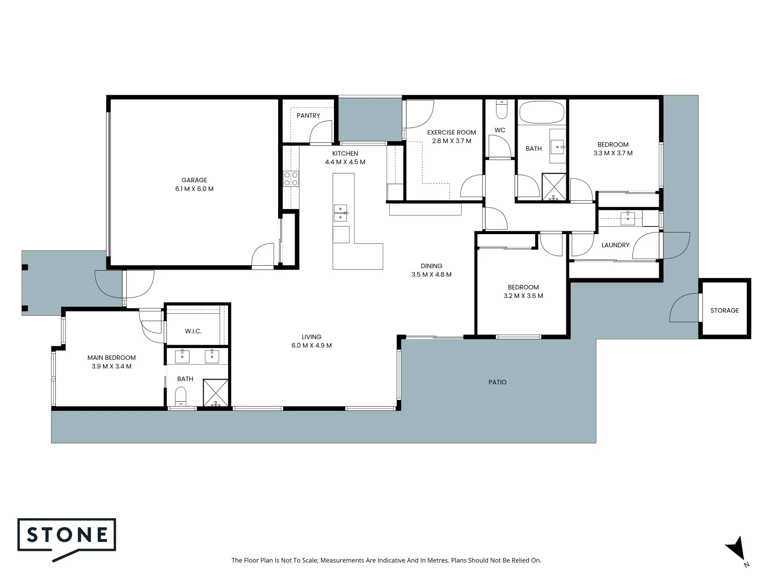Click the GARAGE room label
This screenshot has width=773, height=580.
coord(194,180)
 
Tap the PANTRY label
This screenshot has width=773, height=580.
coord(308,115)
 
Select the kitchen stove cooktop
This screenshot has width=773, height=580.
coord(291,179)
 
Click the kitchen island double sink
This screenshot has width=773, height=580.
coord(340,213)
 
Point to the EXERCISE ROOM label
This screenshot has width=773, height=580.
coord(451,132)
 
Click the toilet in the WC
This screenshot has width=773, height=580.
coord(501,110)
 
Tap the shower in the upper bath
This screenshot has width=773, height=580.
coord(554,187)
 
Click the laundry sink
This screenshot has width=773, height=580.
coord(628,218)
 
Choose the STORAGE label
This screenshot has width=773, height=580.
coord(724,310)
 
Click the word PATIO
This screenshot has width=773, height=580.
coord(497,382)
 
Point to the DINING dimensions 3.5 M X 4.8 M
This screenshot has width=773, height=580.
coord(431,274)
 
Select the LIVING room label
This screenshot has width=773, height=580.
coord(311,337)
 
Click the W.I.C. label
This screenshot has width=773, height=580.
coord(193,331)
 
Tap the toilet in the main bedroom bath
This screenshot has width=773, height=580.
coord(181,396)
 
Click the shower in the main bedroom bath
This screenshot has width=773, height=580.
coord(216,393)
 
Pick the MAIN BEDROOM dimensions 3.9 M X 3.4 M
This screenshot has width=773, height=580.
coord(112,366)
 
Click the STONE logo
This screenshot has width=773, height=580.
coord(67,535)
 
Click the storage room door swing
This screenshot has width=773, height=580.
coord(684,308)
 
